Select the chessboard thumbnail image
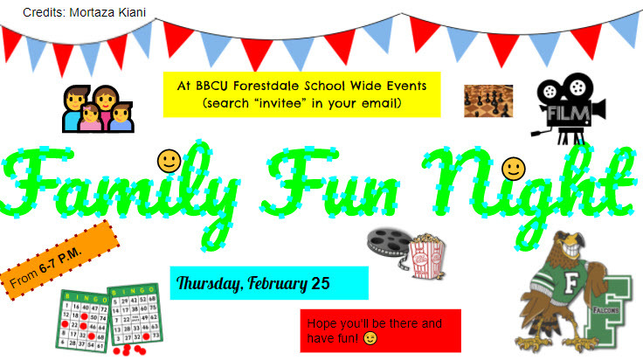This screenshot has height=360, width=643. (488, 100)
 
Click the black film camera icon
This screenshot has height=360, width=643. (568, 106)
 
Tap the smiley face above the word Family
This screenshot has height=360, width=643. (169, 160)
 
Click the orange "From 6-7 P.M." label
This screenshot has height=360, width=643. (57, 261)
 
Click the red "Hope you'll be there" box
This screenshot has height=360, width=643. (380, 329)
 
